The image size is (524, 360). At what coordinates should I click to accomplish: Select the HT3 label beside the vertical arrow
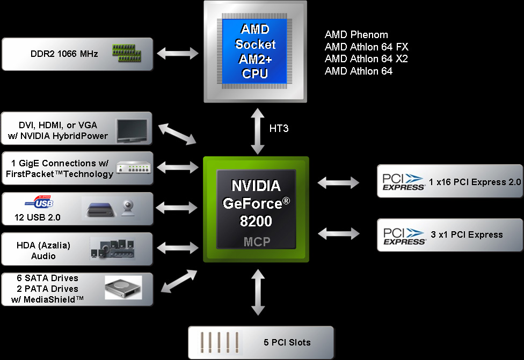pyautogui.click(x=279, y=129)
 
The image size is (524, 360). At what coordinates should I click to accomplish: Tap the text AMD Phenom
pyautogui.click(x=356, y=34)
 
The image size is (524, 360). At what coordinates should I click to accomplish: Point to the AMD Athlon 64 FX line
pyautogui.click(x=367, y=47)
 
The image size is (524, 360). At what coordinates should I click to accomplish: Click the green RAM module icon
pyautogui.click(x=127, y=52)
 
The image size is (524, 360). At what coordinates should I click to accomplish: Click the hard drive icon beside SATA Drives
pyautogui.click(x=123, y=288)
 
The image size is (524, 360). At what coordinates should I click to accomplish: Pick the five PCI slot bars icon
pyautogui.click(x=217, y=342)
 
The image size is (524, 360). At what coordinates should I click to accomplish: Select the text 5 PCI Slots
pyautogui.click(x=287, y=342)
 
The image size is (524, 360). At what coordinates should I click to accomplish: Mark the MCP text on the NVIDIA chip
pyautogui.click(x=256, y=241)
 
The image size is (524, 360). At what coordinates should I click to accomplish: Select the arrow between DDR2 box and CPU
pyautogui.click(x=177, y=53)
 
